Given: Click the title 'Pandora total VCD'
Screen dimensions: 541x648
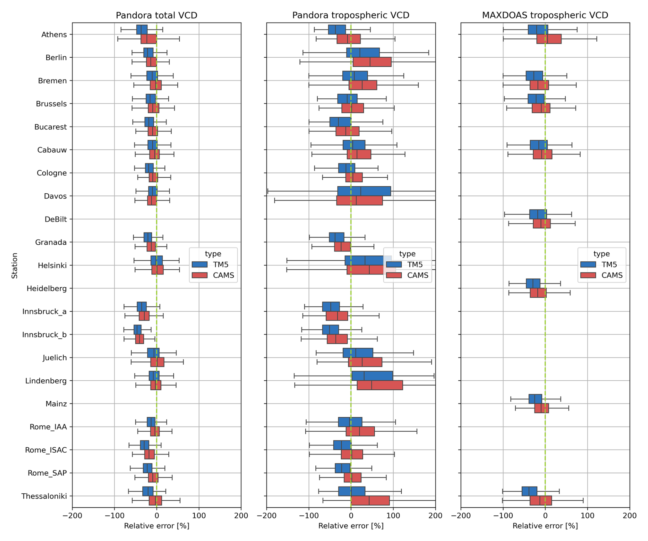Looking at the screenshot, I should pyautogui.click(x=156, y=15).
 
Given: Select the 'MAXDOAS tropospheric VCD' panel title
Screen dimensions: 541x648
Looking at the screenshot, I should pyautogui.click(x=545, y=15).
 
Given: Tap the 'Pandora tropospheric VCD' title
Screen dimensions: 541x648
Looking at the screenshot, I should pyautogui.click(x=350, y=15).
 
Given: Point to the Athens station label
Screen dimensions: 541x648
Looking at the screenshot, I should pyautogui.click(x=54, y=34).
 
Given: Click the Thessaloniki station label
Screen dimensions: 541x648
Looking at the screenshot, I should pyautogui.click(x=44, y=496).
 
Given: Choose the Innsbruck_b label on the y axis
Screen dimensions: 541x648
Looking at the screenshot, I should pyautogui.click(x=44, y=335).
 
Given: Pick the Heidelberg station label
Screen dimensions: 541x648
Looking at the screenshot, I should pyautogui.click(x=46, y=289).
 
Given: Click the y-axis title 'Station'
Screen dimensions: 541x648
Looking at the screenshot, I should pyautogui.click(x=14, y=265).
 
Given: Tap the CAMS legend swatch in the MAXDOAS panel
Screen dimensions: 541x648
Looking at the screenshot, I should pyautogui.click(x=588, y=275).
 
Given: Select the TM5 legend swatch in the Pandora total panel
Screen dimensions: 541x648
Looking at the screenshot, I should pyautogui.click(x=199, y=264).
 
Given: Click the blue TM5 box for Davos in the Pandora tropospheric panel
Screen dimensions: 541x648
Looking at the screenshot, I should pyautogui.click(x=364, y=191).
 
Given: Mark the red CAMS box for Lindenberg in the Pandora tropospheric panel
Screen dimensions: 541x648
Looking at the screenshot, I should pyautogui.click(x=380, y=385).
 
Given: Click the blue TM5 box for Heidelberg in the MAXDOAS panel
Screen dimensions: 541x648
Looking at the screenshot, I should pyautogui.click(x=533, y=284).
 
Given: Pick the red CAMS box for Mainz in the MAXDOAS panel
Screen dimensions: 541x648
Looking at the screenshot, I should pyautogui.click(x=541, y=408).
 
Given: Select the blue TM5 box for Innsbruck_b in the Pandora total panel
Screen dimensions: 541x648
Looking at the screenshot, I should pyautogui.click(x=137, y=330).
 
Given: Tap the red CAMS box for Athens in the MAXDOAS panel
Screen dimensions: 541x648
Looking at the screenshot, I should pyautogui.click(x=549, y=39).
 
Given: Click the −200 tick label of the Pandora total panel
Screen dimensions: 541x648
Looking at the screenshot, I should pyautogui.click(x=72, y=516).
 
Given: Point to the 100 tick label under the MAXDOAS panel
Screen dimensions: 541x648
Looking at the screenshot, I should pyautogui.click(x=587, y=516).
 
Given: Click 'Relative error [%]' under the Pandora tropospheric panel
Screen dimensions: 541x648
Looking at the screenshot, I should pyautogui.click(x=350, y=526).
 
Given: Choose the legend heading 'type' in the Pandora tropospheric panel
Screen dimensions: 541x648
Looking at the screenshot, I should pyautogui.click(x=407, y=254).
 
